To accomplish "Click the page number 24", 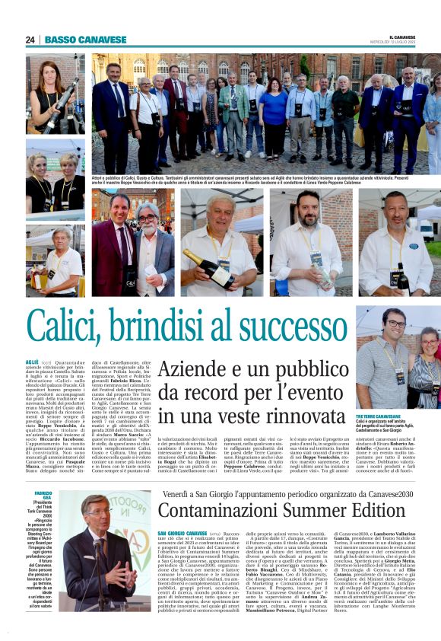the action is [x=30, y=40].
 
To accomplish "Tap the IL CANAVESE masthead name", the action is [x=403, y=37].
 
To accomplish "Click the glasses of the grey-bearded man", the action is [x=147, y=218].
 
